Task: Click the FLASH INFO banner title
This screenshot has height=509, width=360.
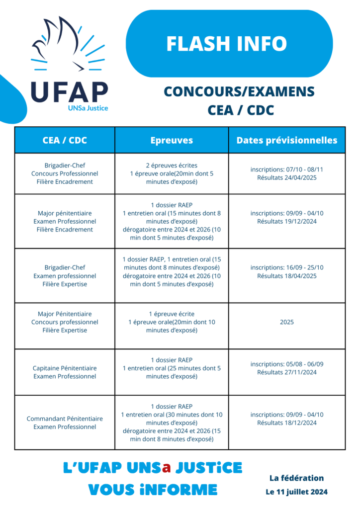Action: [227, 44]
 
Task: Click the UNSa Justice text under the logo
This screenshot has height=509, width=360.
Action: [88, 107]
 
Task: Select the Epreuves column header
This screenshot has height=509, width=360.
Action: [172, 140]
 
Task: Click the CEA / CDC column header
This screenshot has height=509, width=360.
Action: [65, 140]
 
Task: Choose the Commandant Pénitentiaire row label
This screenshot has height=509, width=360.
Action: [65, 423]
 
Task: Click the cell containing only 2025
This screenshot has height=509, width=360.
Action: [287, 322]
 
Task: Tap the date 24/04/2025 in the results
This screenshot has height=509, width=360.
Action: [299, 177]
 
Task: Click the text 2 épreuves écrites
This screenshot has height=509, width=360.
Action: [172, 166]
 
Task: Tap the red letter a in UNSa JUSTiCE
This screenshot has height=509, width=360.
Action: [167, 468]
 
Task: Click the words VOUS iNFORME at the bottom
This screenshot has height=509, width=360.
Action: [153, 490]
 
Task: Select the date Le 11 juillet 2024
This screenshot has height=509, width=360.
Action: [296, 492]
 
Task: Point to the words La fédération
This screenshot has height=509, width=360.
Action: [296, 478]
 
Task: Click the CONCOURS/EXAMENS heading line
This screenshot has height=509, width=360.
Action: [239, 92]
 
